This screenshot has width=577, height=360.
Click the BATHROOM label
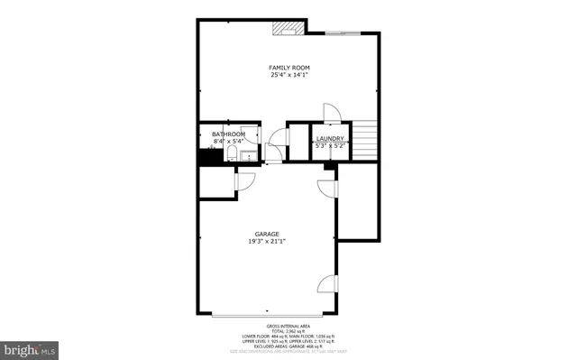(228, 134)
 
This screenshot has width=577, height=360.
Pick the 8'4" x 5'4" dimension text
(228, 142)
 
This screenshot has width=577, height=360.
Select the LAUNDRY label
(329, 138)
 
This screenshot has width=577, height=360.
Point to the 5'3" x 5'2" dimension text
(329, 145)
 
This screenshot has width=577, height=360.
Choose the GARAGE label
(268, 235)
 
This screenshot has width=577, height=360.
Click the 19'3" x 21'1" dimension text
(268, 242)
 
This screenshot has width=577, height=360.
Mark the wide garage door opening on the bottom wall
(268, 316)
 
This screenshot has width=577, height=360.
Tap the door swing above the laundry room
(331, 113)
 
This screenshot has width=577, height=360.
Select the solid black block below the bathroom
(208, 157)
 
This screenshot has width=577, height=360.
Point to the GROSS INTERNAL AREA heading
(288, 325)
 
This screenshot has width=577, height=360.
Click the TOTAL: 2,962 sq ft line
(288, 330)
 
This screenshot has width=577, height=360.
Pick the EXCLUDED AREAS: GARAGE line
(288, 346)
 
